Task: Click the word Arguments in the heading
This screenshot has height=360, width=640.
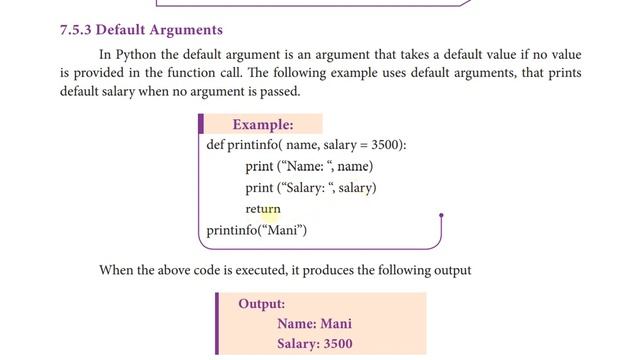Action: coord(184,30)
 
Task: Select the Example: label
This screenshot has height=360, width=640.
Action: coord(263,125)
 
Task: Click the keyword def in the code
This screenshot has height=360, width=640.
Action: coord(215,145)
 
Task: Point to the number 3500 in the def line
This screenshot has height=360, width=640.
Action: coord(385,145)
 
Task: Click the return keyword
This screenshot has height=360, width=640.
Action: coord(263,210)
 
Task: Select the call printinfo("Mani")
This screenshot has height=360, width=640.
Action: coord(257,231)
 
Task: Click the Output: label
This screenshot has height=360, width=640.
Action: coord(262,304)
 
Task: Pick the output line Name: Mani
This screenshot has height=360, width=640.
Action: coord(314,324)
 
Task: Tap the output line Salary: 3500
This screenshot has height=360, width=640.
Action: coord(314,345)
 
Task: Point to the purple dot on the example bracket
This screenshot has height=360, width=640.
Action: coord(441,215)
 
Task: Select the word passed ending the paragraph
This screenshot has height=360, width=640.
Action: coord(278,92)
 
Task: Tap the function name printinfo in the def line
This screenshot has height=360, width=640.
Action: coord(254,145)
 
